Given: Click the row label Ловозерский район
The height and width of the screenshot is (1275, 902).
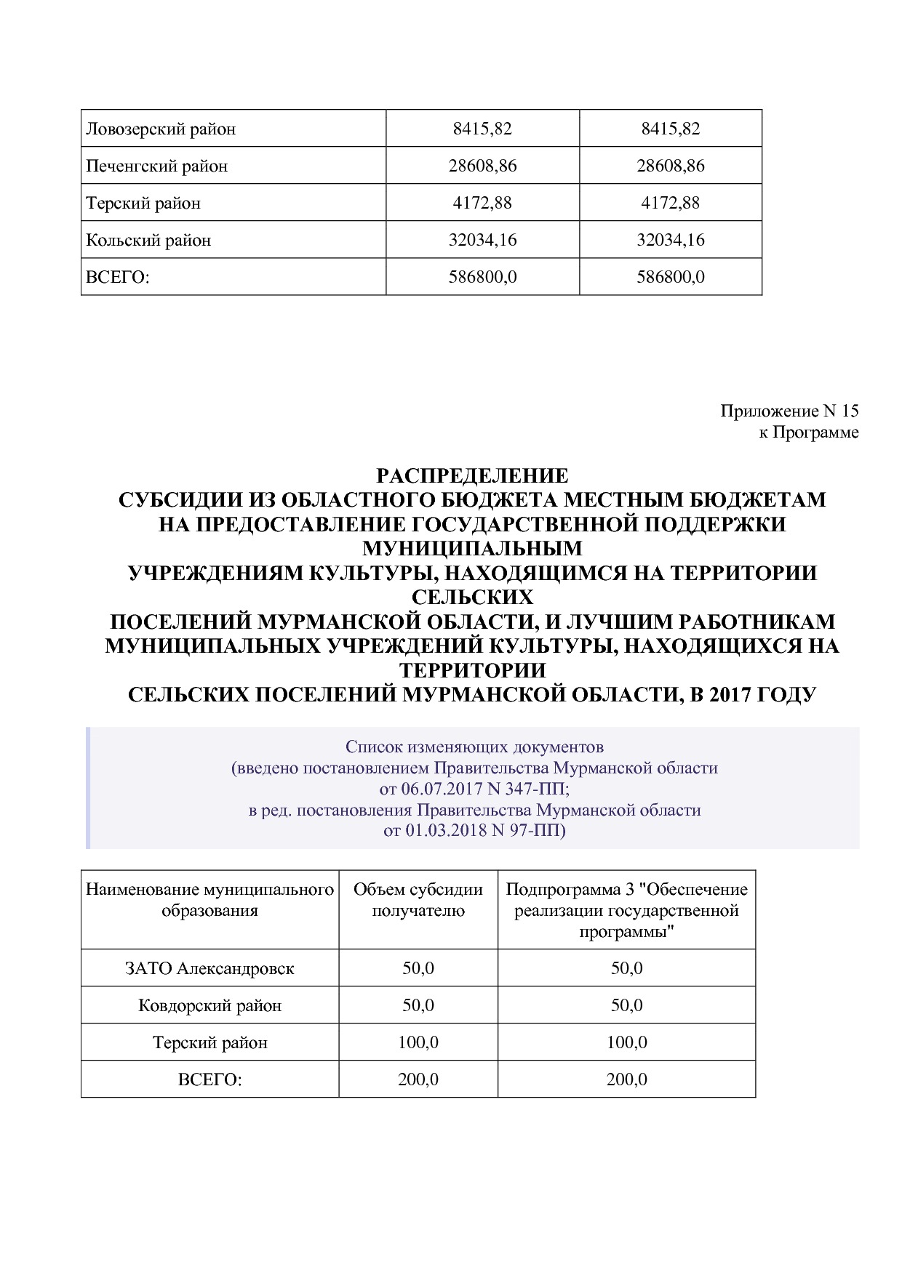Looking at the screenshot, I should click(161, 129).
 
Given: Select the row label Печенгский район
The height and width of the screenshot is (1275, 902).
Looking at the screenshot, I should click(157, 166).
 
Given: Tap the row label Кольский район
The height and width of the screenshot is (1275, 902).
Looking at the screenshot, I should click(148, 240).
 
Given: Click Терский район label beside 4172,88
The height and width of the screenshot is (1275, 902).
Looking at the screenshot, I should click(143, 203).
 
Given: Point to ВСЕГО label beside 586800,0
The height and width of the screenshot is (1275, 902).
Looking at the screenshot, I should click(117, 277).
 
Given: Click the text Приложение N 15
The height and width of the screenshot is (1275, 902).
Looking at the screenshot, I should click(789, 411).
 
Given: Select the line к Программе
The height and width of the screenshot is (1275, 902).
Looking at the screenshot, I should click(808, 433).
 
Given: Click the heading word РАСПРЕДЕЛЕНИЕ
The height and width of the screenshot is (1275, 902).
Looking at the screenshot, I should click(472, 476).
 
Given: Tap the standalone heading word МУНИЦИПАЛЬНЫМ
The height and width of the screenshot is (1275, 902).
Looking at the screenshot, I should click(472, 547).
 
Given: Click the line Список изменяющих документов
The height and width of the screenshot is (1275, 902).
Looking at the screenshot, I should click(474, 747).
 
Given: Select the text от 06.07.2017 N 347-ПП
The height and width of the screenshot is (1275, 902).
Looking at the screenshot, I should click(474, 789).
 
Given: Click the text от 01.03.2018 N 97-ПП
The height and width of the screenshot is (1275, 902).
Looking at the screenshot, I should click(474, 830).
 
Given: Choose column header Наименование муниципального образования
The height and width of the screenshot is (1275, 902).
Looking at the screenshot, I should click(209, 900).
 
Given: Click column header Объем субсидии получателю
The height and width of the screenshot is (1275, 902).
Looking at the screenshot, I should click(418, 900).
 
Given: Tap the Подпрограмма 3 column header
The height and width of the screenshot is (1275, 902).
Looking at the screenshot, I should click(626, 910).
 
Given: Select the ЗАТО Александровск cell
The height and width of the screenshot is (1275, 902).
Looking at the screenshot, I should click(209, 968).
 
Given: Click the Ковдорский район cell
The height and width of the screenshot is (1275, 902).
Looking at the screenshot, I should click(209, 1005).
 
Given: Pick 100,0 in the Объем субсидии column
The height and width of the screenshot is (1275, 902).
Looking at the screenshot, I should click(418, 1042).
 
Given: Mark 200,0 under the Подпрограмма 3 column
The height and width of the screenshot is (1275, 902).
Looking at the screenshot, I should click(626, 1079).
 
